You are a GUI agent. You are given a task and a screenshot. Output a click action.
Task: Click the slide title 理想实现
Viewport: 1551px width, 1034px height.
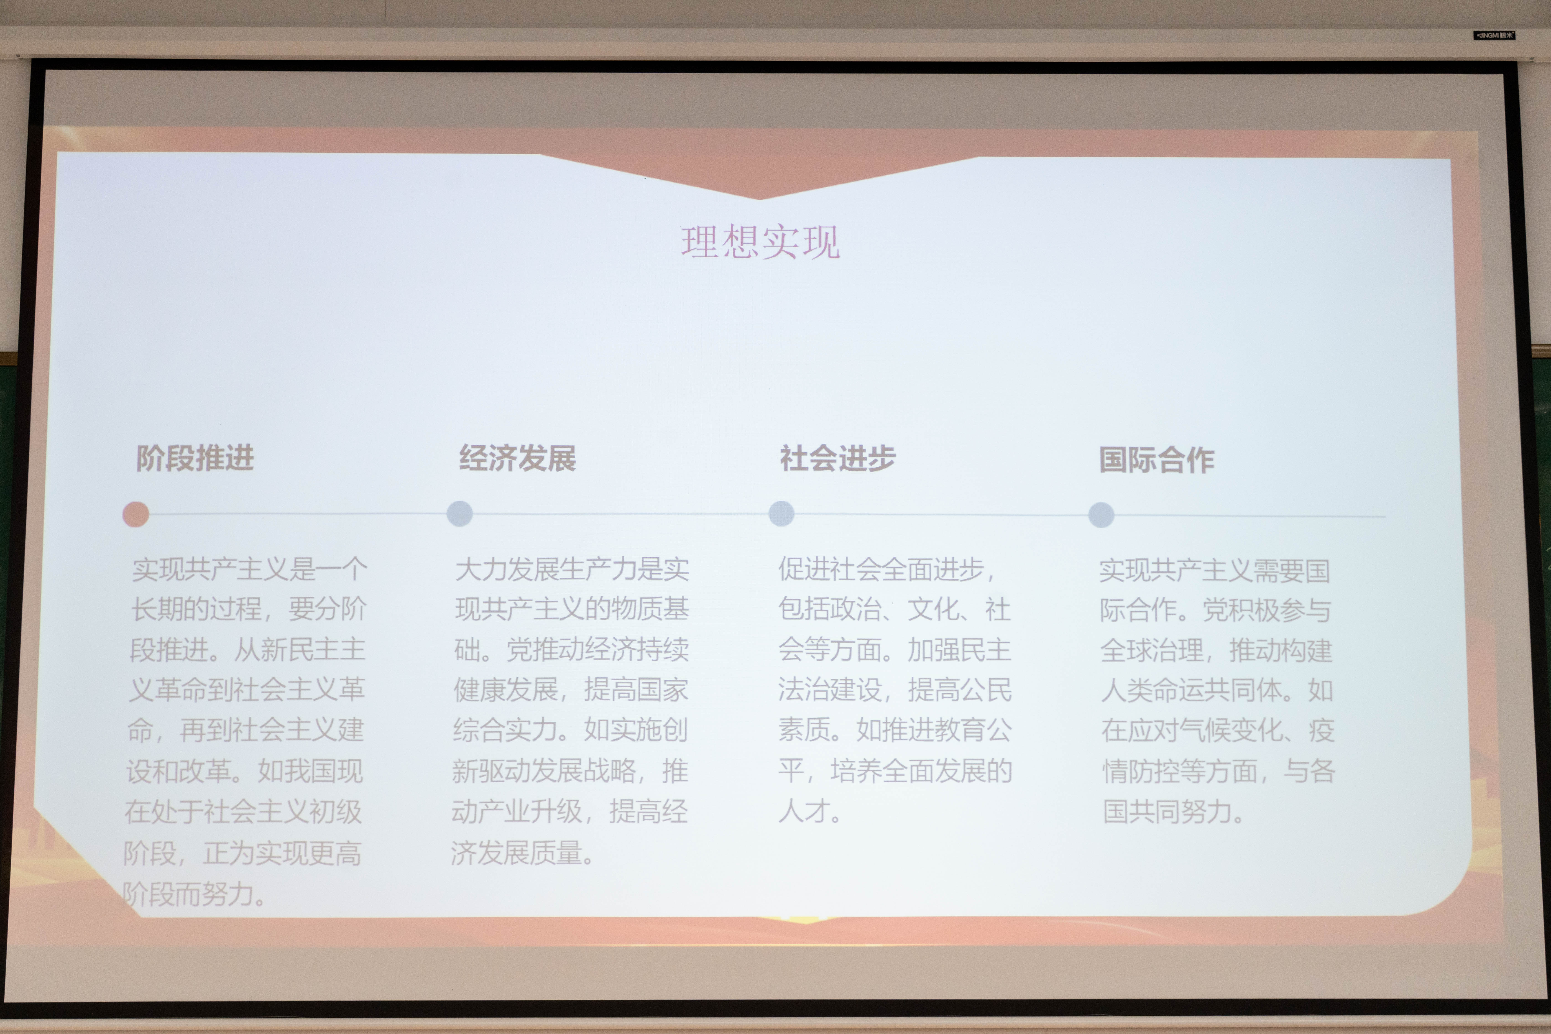[x=760, y=242]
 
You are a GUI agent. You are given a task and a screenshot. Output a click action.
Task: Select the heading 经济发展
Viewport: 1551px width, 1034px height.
[x=518, y=458]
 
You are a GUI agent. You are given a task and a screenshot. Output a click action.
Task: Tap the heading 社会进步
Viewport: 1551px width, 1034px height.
[x=838, y=458]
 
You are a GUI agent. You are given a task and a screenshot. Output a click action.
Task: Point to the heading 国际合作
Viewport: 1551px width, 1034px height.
[x=1157, y=460]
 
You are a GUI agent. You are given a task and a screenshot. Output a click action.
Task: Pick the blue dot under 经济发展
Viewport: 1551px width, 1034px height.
[x=460, y=514]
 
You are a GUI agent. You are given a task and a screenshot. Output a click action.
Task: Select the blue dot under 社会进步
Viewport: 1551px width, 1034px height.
[x=782, y=514]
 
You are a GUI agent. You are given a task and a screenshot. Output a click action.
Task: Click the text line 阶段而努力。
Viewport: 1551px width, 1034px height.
[x=194, y=894]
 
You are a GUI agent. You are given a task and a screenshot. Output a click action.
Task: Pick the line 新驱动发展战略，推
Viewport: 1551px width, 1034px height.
[x=570, y=770]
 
